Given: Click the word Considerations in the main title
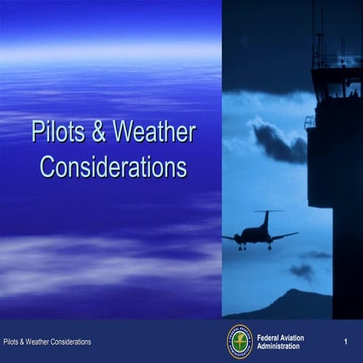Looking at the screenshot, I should (113, 166).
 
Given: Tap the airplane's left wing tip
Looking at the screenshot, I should (225, 237).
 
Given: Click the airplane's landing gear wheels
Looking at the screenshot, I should (255, 247).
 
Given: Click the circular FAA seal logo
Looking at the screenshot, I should (240, 341).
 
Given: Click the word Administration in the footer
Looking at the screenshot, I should (278, 346).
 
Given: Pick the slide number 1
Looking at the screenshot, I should (345, 342).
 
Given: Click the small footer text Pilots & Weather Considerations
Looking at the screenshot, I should (47, 342).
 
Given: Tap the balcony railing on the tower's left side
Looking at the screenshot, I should (309, 122).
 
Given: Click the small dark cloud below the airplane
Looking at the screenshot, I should (302, 270).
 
